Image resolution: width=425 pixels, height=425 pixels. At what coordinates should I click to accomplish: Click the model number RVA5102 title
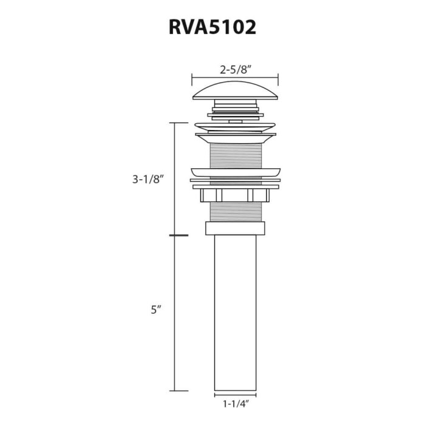click(x=212, y=29)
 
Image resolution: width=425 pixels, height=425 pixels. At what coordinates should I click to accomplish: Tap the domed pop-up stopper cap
click(x=235, y=92)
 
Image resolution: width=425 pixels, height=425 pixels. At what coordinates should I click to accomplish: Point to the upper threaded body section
click(x=235, y=155)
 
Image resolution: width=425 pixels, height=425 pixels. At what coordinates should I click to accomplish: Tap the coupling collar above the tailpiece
click(x=235, y=229)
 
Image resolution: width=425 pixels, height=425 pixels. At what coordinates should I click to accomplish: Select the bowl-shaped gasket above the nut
click(x=235, y=172)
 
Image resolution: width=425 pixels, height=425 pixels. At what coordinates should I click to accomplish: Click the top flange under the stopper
click(x=235, y=128)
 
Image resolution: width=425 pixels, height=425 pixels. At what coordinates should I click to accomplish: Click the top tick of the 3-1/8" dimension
click(x=176, y=123)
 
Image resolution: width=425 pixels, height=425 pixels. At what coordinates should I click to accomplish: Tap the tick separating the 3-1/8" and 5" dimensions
click(x=176, y=235)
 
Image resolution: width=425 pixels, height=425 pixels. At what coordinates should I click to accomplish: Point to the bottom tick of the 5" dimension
click(x=176, y=390)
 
